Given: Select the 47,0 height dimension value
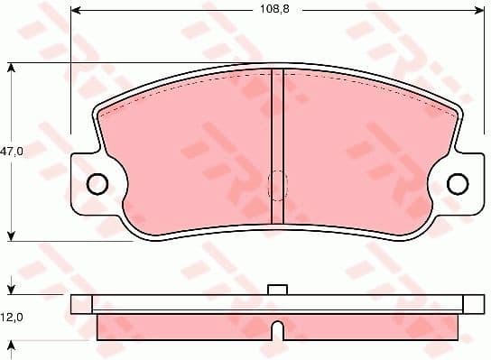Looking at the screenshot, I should (x=12, y=152).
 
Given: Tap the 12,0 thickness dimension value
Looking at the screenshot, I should (x=12, y=318).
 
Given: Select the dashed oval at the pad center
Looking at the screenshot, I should (x=277, y=185).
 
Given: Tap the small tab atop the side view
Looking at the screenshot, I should (x=278, y=290).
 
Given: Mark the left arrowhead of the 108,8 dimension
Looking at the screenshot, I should (x=76, y=11).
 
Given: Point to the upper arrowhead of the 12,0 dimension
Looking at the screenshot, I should (x=11, y=291).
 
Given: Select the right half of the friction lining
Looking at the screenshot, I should (x=370, y=153).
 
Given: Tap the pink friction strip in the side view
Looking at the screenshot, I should (x=278, y=327).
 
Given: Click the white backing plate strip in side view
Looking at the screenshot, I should (x=278, y=303).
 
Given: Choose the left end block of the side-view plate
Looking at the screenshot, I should (x=81, y=303).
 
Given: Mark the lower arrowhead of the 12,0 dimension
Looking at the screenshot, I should (x=11, y=344).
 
